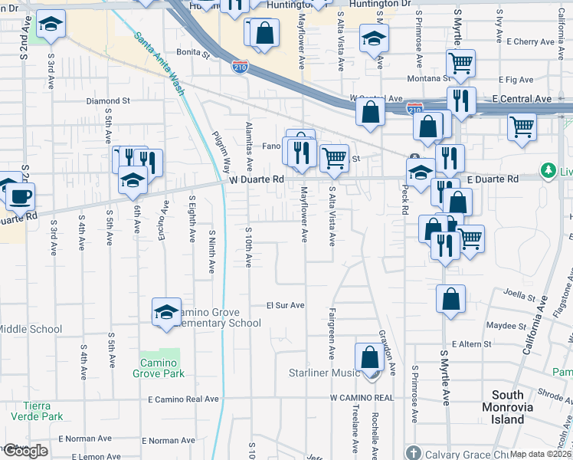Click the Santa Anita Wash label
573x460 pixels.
159,62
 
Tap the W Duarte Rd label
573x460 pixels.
257,179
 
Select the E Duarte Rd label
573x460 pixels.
492,179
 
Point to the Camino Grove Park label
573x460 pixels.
162,368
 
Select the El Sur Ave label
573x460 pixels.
285,305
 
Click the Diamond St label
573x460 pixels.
108,101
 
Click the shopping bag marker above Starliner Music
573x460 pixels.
369,357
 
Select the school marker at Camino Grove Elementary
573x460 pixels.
166,312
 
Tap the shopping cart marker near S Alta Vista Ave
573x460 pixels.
334,159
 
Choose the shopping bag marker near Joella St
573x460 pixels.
451,299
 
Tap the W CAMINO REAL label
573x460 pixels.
362,399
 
